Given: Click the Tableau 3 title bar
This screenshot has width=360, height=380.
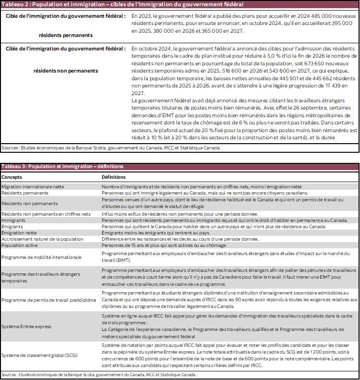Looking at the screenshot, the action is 62,166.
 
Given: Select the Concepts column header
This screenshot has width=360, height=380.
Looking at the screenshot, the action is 12,177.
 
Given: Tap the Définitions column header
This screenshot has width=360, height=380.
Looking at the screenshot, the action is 113,177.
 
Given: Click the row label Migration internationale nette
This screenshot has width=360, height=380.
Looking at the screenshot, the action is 33,186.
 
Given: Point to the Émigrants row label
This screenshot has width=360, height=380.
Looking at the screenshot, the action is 12,226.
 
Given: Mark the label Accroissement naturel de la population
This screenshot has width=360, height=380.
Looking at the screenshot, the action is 42,239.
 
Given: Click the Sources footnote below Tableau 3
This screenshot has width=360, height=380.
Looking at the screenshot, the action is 99,375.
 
